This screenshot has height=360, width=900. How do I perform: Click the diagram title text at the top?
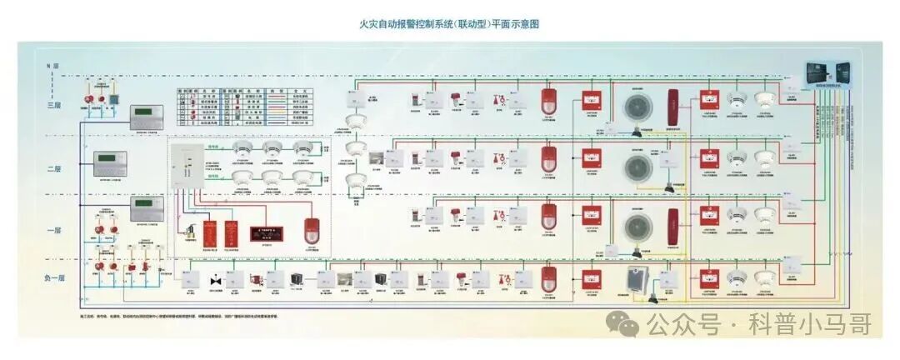[x=449, y=24]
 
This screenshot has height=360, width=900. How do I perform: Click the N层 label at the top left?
[x=52, y=65]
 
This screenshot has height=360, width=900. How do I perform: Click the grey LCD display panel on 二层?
[x=110, y=158]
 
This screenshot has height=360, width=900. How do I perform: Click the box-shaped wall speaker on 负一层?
[x=638, y=281]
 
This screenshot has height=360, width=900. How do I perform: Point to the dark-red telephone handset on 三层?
[x=673, y=107]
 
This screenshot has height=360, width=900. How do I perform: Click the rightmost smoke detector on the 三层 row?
[x=763, y=100]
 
